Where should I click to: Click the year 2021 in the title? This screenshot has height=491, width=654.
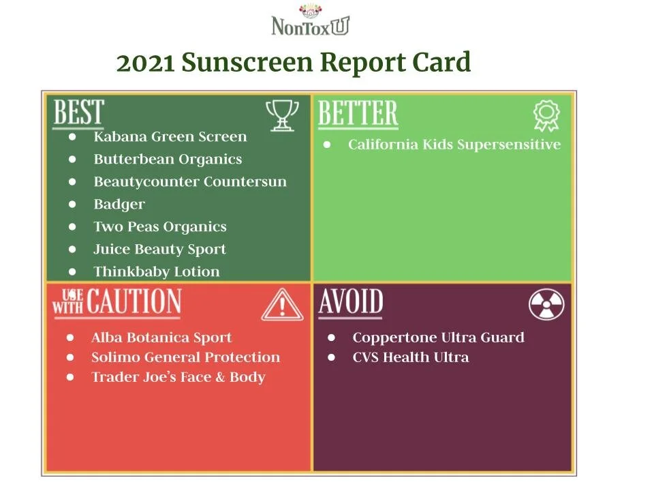point(146,63)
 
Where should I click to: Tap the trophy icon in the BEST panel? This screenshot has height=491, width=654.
point(281,115)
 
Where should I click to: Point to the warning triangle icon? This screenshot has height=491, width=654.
point(283,305)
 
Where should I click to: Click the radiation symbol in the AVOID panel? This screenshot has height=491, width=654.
point(546,305)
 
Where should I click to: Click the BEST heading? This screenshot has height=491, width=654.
point(78,113)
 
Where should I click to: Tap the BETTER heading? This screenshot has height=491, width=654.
point(358,114)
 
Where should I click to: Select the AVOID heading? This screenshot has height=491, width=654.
point(350,302)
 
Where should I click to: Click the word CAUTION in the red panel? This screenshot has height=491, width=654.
point(134,302)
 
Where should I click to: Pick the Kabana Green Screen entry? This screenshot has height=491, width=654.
point(170,136)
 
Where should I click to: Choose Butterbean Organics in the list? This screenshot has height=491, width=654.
point(168,159)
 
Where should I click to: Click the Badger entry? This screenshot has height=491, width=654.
point(119,204)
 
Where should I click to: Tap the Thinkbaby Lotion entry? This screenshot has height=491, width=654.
point(157,271)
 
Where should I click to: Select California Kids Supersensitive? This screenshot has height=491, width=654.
point(454,145)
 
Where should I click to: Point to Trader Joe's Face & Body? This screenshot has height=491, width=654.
point(178,377)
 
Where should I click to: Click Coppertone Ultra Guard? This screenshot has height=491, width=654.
point(438,338)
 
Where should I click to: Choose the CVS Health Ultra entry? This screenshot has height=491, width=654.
point(410,357)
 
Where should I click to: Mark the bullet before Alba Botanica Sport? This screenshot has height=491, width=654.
point(70,338)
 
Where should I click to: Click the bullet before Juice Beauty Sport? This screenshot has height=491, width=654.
point(73,249)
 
